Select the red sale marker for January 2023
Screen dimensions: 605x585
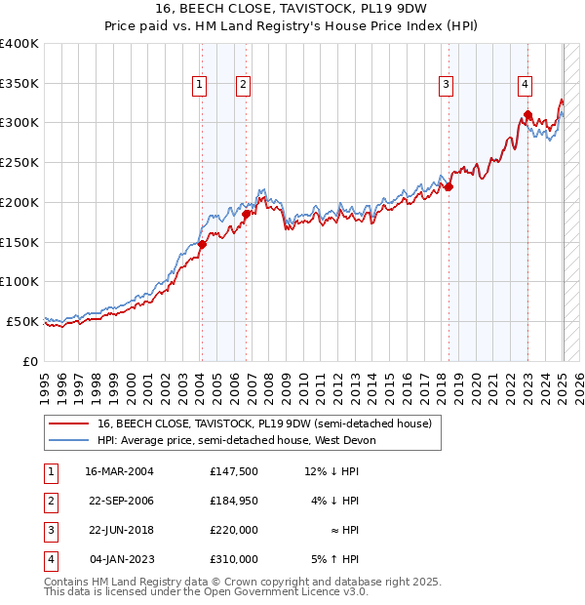[x=527, y=115]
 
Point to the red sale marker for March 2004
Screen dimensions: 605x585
[x=202, y=245]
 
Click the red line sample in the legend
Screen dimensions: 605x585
[x=68, y=423]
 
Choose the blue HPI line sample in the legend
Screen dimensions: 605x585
[x=68, y=440]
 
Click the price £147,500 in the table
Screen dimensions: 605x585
[x=234, y=471]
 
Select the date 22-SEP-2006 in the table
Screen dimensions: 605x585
[x=120, y=501]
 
